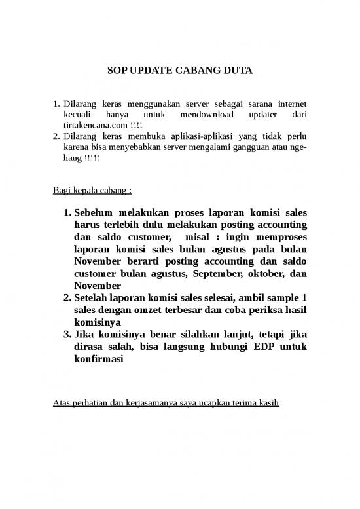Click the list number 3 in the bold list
point(67,335)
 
